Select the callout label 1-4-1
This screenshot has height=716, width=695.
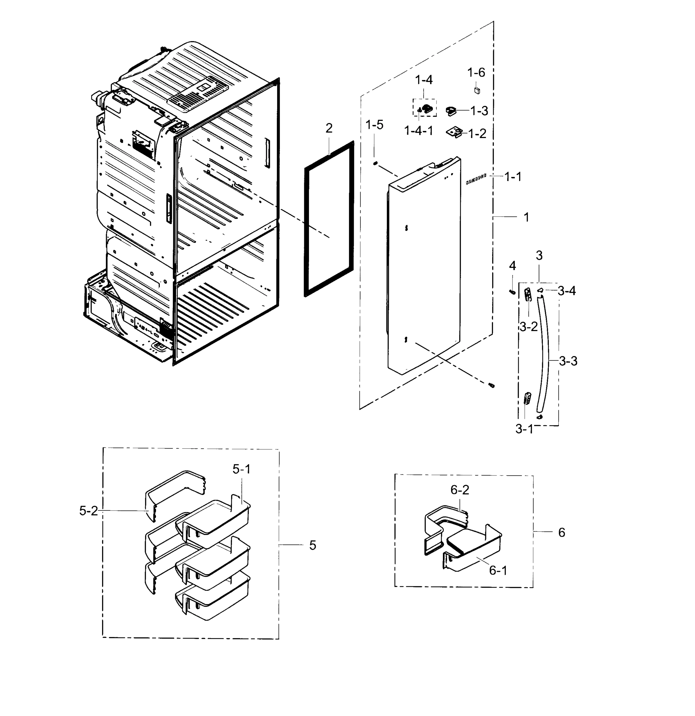(418, 130)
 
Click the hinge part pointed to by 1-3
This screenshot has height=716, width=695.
(451, 111)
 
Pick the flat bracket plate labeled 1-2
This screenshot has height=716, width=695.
(454, 132)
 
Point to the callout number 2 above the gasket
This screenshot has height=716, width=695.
(329, 128)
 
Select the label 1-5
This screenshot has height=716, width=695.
(374, 125)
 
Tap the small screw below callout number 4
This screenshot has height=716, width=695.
(512, 291)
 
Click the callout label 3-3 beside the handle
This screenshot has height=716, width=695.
(568, 361)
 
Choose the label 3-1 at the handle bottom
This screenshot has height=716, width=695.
(524, 429)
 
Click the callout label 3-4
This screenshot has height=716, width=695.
(566, 291)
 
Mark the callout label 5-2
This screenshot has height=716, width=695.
(88, 511)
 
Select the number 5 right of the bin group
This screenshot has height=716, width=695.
(312, 545)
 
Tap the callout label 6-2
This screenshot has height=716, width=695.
(459, 490)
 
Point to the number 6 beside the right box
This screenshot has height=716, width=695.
(561, 533)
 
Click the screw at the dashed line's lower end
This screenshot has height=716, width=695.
(492, 385)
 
